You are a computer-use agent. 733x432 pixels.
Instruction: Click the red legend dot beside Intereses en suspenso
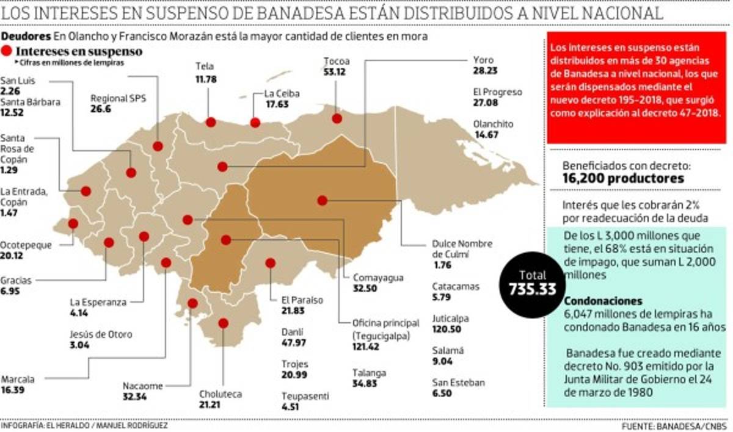(x=9, y=52)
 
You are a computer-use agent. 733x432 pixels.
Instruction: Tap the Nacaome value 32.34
(x=135, y=397)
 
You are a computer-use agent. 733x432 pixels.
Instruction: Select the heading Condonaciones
(x=603, y=301)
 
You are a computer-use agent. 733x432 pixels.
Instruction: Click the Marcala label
(x=17, y=379)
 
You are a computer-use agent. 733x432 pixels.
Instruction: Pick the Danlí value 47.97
(x=294, y=342)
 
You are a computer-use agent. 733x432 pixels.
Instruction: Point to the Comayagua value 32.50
(x=365, y=289)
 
